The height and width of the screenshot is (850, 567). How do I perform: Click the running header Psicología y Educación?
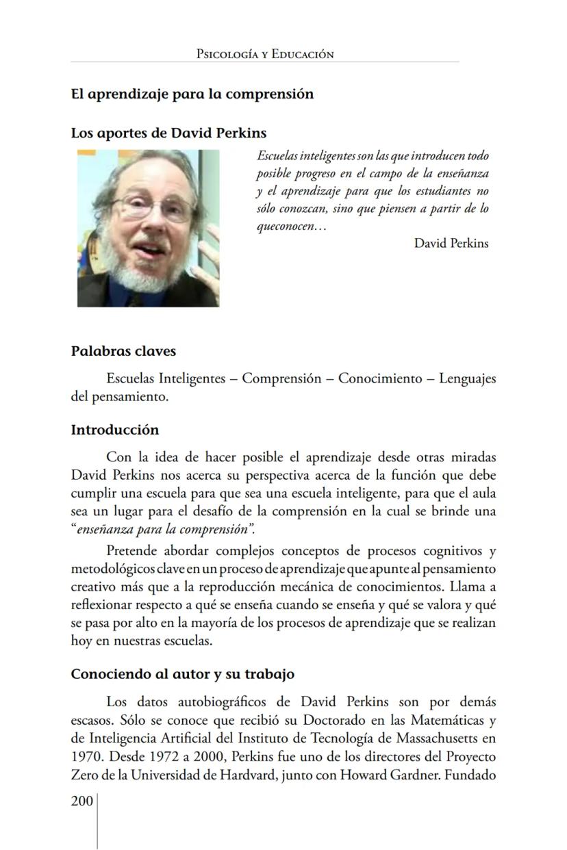tap(264, 54)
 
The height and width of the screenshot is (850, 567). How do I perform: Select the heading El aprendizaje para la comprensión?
tap(192, 94)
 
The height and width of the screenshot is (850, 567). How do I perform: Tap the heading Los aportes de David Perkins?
tap(168, 133)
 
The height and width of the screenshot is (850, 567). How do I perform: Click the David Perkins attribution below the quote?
tap(451, 243)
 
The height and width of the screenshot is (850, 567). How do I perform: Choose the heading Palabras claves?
tap(123, 351)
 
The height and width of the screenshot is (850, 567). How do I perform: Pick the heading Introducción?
tap(114, 430)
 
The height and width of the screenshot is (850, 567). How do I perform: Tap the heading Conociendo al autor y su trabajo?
tap(182, 674)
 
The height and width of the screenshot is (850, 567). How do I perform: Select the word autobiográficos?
tap(215, 701)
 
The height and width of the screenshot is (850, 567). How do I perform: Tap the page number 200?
tap(81, 801)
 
